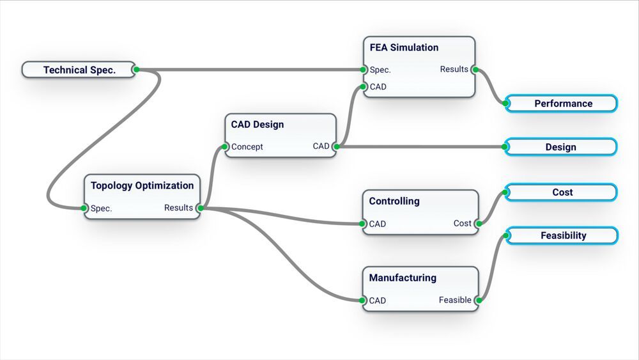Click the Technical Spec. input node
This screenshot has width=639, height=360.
[79, 70]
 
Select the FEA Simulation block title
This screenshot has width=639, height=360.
[404, 47]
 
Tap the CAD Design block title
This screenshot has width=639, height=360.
[258, 124]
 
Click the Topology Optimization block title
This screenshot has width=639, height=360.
[142, 185]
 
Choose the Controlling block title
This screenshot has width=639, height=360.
[394, 201]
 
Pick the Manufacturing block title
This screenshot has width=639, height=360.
[403, 278]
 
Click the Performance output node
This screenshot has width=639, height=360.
[562, 104]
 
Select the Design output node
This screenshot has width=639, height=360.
[560, 147]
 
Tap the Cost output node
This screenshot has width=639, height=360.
[562, 192]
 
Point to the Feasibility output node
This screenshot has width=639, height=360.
[563, 235]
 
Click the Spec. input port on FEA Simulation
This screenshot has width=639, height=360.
[363, 70]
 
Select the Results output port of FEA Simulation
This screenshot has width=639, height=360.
[474, 69]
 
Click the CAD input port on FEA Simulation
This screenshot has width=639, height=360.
[363, 86]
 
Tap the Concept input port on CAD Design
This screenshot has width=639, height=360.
[225, 146]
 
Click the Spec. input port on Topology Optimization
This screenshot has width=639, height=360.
[84, 208]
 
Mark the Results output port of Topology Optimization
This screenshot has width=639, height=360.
[199, 208]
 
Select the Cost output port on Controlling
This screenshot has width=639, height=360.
[477, 223]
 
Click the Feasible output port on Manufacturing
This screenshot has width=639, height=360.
[477, 300]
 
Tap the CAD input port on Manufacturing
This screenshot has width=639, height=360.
[363, 300]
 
